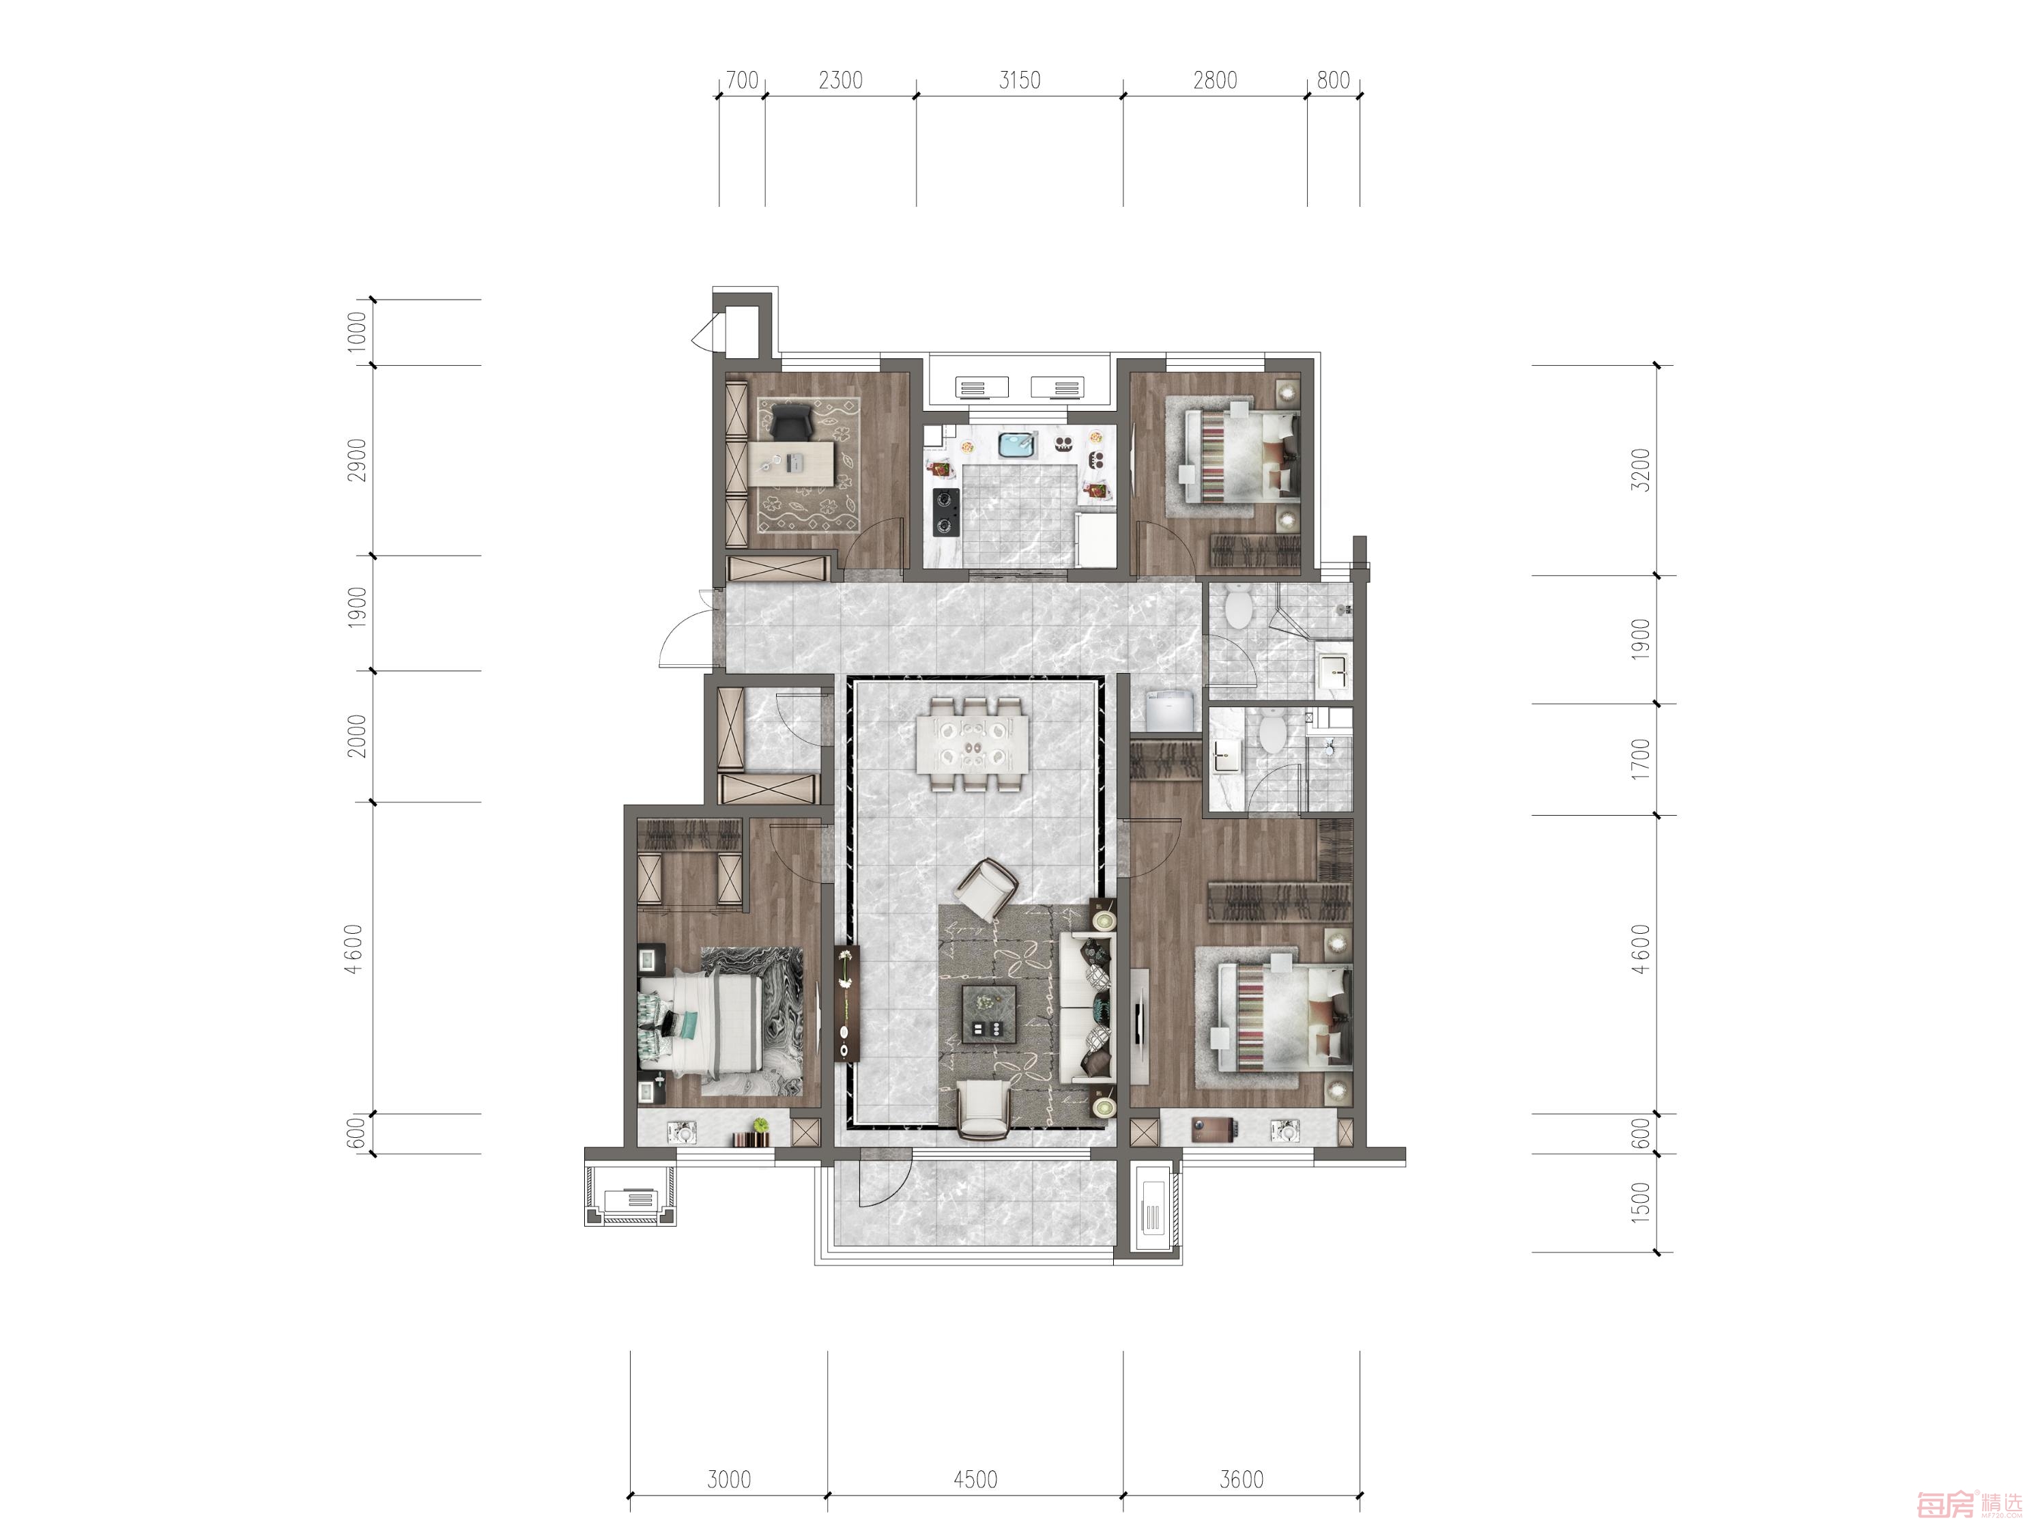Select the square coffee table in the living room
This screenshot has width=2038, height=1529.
988,1014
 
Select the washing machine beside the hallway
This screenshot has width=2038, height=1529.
1170,711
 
